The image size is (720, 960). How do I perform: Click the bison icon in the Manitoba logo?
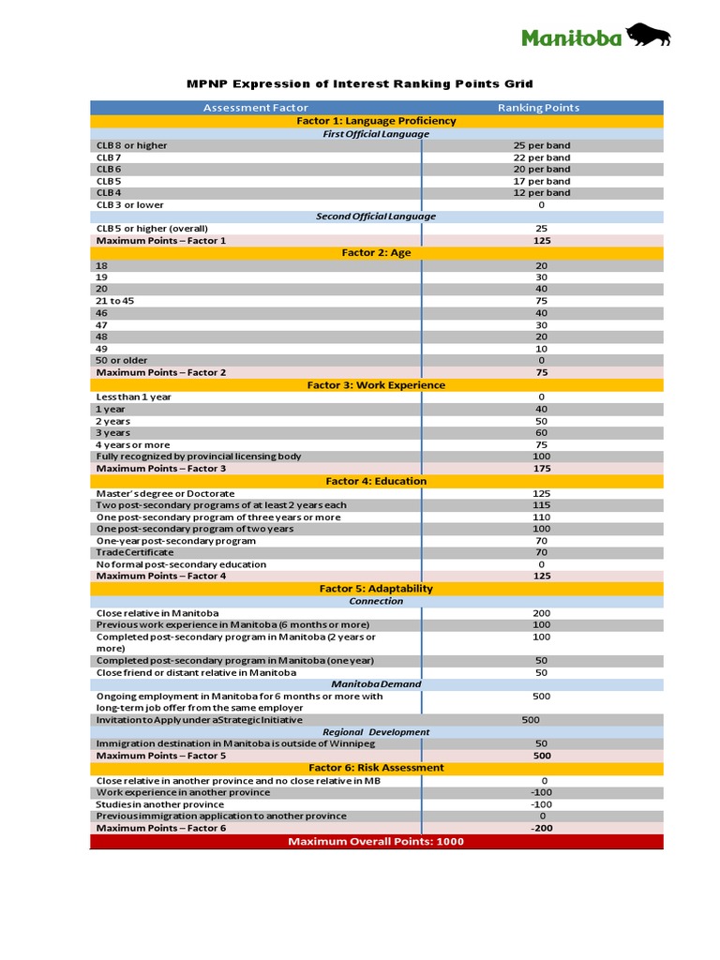648,36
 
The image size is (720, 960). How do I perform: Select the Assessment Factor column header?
255,108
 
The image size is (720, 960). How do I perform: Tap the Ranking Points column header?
538,108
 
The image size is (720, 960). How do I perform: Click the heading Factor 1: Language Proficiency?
376,121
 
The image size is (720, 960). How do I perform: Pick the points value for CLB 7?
541,157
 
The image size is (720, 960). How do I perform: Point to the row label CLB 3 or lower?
129,204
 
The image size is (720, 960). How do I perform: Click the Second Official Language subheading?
376,217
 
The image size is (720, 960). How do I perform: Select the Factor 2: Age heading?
376,253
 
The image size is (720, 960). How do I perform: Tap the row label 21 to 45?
116,301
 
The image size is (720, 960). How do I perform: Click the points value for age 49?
541,349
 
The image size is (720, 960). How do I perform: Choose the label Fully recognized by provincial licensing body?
199,457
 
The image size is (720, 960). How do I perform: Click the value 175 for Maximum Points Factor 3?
541,468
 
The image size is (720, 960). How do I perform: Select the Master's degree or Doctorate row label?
165,493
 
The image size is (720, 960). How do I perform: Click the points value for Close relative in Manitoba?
541,613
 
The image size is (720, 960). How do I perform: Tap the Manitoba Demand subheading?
376,684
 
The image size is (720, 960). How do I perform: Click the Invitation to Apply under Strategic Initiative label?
199,720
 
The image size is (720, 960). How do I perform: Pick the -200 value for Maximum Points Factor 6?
541,829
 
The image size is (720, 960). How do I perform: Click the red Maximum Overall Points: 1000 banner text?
376,842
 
